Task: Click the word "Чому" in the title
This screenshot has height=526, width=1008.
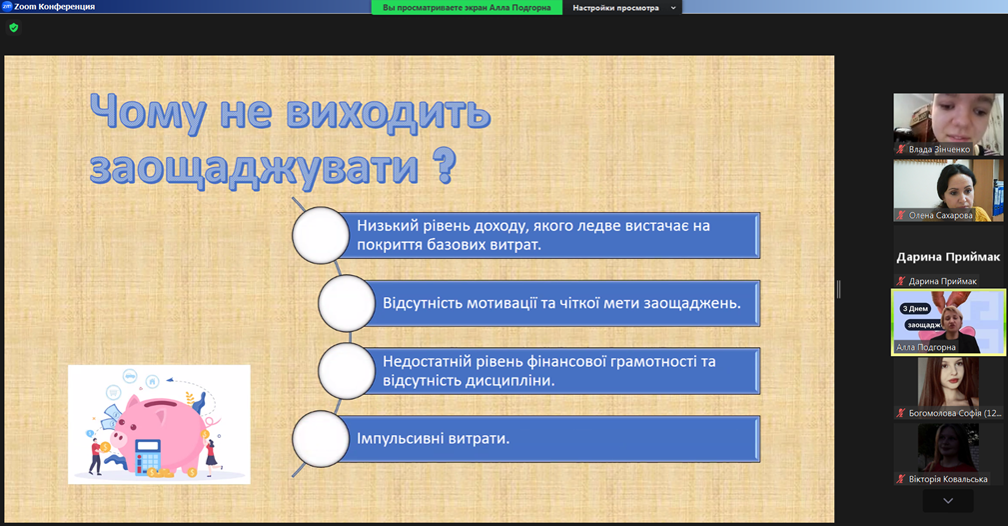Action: tap(147, 113)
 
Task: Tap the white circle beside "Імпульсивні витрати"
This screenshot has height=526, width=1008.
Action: tap(320, 439)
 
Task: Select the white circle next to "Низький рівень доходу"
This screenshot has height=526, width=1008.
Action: tap(320, 235)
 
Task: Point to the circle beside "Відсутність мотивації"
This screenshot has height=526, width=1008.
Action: tap(347, 303)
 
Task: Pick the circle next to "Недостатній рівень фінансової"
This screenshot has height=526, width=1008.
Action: tap(347, 371)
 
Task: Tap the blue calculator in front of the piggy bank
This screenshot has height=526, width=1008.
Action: tap(148, 456)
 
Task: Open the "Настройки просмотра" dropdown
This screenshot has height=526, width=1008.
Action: tap(622, 8)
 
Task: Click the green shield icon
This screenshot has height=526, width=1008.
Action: tap(14, 28)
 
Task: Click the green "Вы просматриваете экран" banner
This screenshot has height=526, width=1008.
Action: tap(467, 8)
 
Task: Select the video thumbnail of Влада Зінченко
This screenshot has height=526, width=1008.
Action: tap(948, 124)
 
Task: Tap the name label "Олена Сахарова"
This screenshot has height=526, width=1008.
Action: tap(940, 216)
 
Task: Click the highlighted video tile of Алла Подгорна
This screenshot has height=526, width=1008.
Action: tap(948, 322)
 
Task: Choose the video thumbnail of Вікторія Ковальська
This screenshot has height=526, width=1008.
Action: tap(948, 454)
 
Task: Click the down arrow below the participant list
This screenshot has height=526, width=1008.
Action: tap(948, 501)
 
